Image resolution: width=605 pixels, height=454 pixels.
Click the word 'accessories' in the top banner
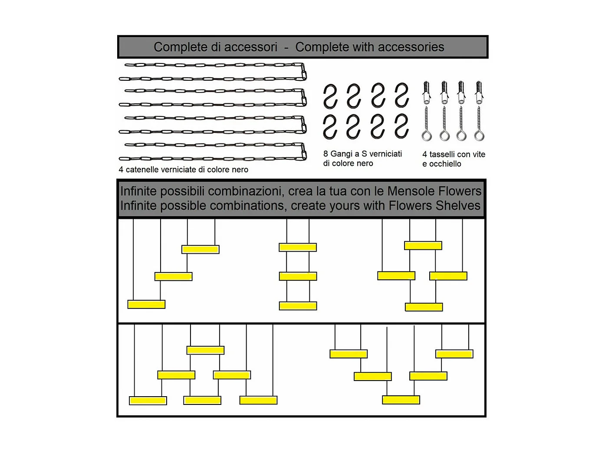[411, 47]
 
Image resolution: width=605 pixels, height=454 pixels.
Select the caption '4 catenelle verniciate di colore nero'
[183, 169]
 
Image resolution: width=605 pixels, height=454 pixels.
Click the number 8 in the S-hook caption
[326, 154]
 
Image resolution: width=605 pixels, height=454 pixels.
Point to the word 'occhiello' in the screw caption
[445, 164]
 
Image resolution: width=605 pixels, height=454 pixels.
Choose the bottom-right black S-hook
[402, 126]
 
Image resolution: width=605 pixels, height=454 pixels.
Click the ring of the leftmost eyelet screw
[427, 136]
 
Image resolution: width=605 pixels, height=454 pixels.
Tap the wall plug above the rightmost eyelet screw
[479, 93]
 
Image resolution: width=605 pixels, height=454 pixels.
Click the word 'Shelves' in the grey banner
[458, 206]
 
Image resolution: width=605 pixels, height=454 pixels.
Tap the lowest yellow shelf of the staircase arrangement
[146, 305]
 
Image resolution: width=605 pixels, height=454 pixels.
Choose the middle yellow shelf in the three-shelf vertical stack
[298, 276]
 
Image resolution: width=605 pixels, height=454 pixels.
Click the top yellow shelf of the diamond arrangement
[423, 246]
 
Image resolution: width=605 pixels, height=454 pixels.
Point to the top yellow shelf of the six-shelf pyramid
[205, 350]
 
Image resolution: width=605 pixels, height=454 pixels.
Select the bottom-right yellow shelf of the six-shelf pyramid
[258, 400]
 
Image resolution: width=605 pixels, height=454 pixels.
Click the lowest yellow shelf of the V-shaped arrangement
[401, 400]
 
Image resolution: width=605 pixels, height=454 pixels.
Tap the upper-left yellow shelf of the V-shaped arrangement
[349, 354]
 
